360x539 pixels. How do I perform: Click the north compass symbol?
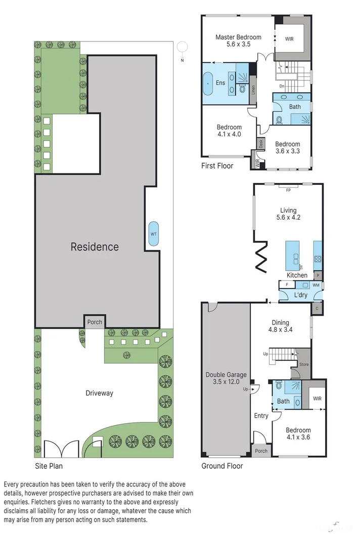click(183, 47)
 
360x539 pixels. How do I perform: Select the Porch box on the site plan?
click(95, 322)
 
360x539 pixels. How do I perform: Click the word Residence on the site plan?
click(95, 247)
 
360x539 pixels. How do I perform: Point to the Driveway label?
click(99, 393)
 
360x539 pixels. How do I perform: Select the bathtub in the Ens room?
click(208, 83)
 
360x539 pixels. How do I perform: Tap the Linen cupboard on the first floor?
click(253, 90)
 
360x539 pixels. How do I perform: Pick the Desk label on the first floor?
click(261, 143)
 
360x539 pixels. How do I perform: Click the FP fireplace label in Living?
click(288, 190)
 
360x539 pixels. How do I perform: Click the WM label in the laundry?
click(316, 285)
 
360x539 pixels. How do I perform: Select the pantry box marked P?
click(318, 276)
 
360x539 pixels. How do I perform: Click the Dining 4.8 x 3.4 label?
click(280, 326)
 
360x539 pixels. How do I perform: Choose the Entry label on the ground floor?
click(261, 416)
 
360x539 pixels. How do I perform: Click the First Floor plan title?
click(217, 166)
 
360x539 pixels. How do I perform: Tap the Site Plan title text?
click(49, 466)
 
